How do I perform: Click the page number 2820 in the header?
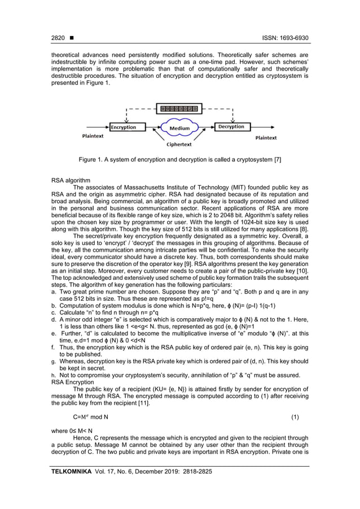coord(58,38)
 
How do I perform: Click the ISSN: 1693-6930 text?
coord(286,38)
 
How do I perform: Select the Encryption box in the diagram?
coord(125,127)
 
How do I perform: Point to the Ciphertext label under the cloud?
coord(179,145)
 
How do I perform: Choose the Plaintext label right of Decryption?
coord(266,138)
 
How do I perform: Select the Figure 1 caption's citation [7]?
coord(276,160)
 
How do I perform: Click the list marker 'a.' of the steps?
coord(54,292)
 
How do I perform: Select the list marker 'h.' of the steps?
coord(54,375)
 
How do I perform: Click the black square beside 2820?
coord(72,38)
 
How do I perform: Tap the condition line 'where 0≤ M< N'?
coord(72,430)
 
